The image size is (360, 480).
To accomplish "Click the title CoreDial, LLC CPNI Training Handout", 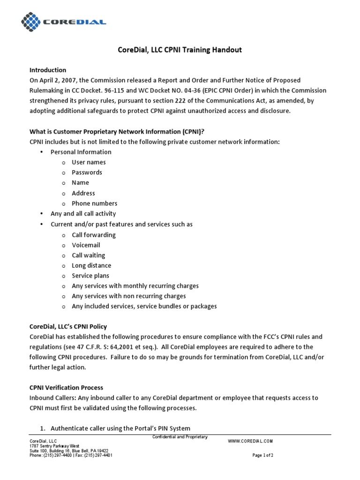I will [x=180, y=50].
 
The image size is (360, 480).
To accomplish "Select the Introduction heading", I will [x=48, y=70].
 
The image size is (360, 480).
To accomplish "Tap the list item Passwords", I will [x=87, y=172].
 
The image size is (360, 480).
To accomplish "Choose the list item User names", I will [x=89, y=162].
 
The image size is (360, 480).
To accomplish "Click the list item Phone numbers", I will [x=94, y=203].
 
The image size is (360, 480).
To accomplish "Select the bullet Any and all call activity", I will [x=83, y=214].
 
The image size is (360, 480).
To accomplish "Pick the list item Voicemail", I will [x=86, y=245].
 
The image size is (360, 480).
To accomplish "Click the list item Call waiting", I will [x=88, y=255].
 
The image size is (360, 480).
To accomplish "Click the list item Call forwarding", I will [x=94, y=235].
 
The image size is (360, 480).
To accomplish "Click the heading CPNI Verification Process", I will [x=66, y=388].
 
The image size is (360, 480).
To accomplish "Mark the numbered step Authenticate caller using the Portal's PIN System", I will [x=120, y=428].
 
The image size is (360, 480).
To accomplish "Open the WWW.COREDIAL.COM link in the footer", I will [x=250, y=441].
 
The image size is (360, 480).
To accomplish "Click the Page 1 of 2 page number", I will [x=263, y=455].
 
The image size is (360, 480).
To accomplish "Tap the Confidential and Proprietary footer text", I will [x=180, y=437].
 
